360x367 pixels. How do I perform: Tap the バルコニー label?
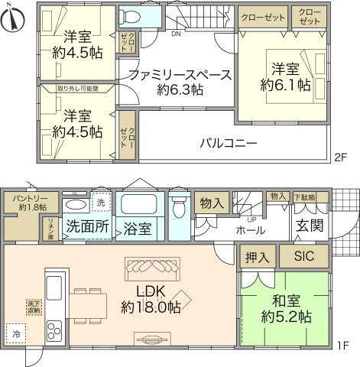[x=229, y=142]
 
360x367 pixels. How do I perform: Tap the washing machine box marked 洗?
[x=101, y=203]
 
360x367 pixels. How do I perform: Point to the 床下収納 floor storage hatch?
[x=34, y=307]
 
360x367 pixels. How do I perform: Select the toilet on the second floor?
[x=131, y=18]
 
